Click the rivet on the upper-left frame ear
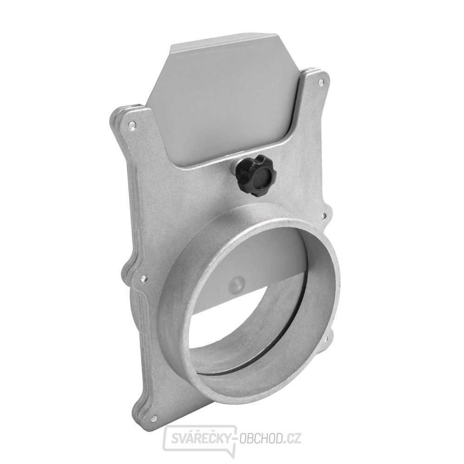coord(132,125)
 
